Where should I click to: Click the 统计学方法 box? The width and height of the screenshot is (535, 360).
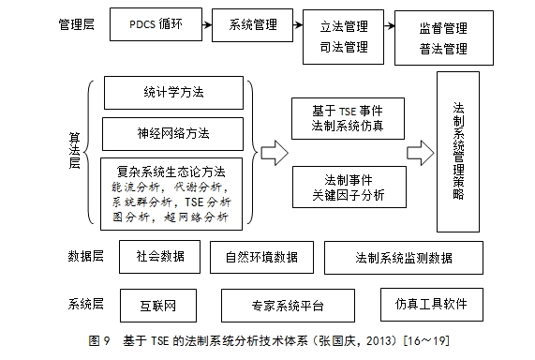click(x=173, y=94)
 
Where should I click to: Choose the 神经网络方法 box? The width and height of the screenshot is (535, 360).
click(x=173, y=132)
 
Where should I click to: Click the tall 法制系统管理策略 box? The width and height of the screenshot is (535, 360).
click(x=457, y=150)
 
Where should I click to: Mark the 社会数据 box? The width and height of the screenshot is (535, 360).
click(x=153, y=255)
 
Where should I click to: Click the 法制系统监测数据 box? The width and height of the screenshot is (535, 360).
click(x=404, y=257)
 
